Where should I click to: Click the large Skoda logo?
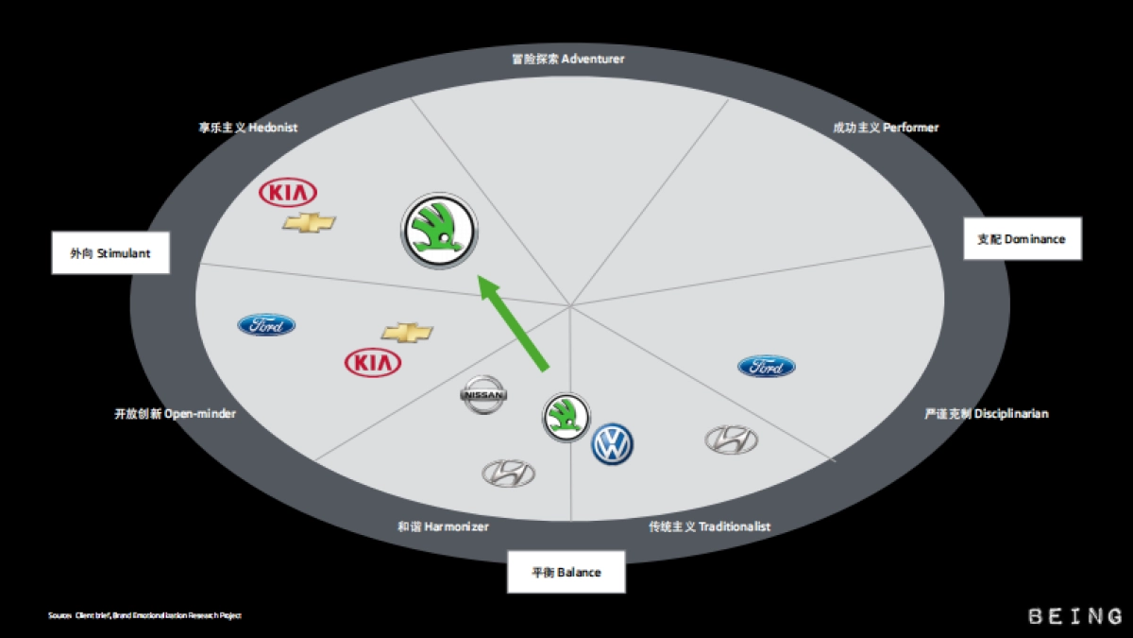[440, 231]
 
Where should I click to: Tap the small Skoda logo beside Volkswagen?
[566, 417]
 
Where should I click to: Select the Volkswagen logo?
[613, 443]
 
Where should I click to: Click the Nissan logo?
[483, 395]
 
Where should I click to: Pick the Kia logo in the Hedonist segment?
[288, 193]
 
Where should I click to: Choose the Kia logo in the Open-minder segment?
[373, 363]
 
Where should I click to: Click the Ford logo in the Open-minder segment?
[266, 325]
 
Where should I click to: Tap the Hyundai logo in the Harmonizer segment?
[509, 474]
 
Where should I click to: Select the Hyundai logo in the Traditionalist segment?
[732, 440]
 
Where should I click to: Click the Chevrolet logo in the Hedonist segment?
[309, 223]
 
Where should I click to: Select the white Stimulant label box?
[110, 253]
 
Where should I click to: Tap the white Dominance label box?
[1022, 239]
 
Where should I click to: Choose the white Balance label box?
[566, 572]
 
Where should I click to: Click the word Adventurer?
[593, 59]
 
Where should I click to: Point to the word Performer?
[912, 128]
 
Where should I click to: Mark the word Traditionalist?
[735, 526]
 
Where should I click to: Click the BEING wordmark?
[1075, 616]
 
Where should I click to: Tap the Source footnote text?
[144, 616]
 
